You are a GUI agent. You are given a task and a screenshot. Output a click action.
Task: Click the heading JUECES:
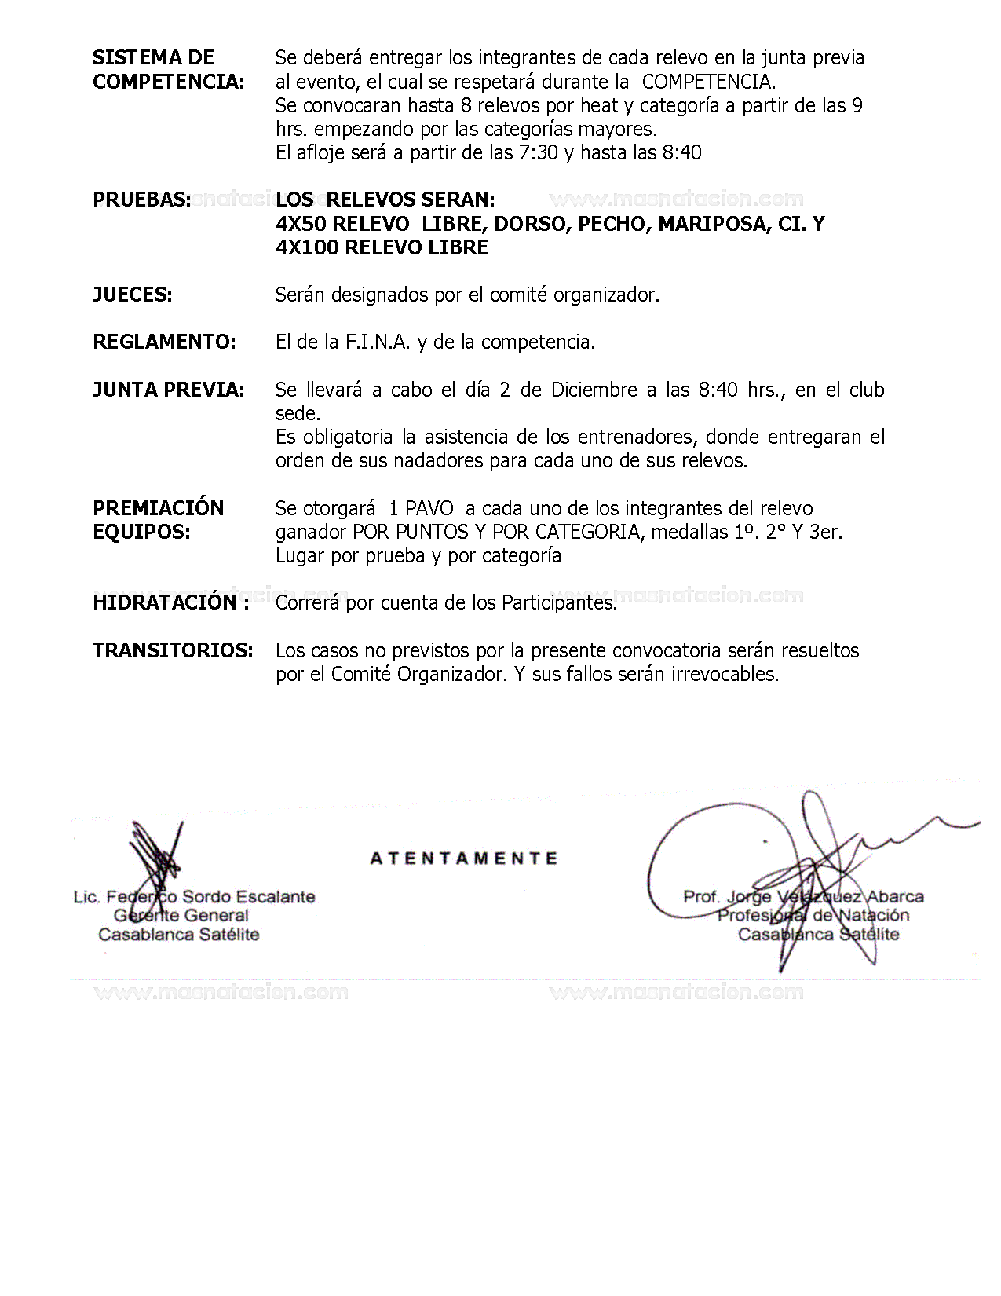(x=132, y=295)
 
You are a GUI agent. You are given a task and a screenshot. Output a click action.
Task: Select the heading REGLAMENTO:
(x=164, y=342)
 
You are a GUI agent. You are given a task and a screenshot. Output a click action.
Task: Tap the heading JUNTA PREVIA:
(x=168, y=390)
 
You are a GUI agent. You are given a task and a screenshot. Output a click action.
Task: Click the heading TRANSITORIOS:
(x=173, y=650)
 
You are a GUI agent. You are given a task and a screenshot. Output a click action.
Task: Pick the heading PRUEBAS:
(x=141, y=200)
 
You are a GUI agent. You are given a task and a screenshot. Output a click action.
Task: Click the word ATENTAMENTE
(x=463, y=859)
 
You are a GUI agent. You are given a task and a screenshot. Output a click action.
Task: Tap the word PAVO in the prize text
(x=429, y=508)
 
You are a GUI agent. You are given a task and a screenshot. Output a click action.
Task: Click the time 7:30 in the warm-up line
(x=539, y=152)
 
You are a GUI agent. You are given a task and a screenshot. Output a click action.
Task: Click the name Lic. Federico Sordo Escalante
(x=194, y=896)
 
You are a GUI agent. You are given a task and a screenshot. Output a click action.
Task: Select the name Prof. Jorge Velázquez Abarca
(x=803, y=896)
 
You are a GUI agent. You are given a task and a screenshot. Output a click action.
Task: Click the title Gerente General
(x=181, y=915)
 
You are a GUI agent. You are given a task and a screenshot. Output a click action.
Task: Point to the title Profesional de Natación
(x=813, y=915)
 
